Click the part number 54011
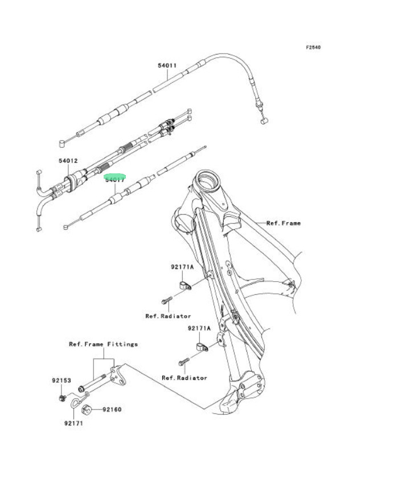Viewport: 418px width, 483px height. click(x=167, y=66)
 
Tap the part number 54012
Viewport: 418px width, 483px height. click(x=67, y=161)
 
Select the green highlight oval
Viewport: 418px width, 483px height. click(x=114, y=177)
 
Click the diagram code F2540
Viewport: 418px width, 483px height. click(x=313, y=47)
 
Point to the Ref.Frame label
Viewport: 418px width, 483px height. click(x=283, y=223)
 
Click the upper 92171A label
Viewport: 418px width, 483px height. click(x=182, y=267)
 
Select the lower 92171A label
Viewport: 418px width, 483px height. click(x=199, y=328)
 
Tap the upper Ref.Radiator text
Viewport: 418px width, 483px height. click(x=168, y=315)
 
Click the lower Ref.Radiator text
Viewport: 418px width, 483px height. click(x=185, y=378)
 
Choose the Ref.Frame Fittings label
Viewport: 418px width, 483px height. click(x=103, y=344)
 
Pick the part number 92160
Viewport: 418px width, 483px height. click(x=112, y=409)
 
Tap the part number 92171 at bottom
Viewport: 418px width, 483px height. click(x=75, y=424)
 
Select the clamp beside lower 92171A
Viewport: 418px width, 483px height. click(x=201, y=346)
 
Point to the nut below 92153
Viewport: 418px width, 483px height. click(x=62, y=397)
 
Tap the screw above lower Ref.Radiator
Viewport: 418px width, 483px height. click(x=183, y=362)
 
